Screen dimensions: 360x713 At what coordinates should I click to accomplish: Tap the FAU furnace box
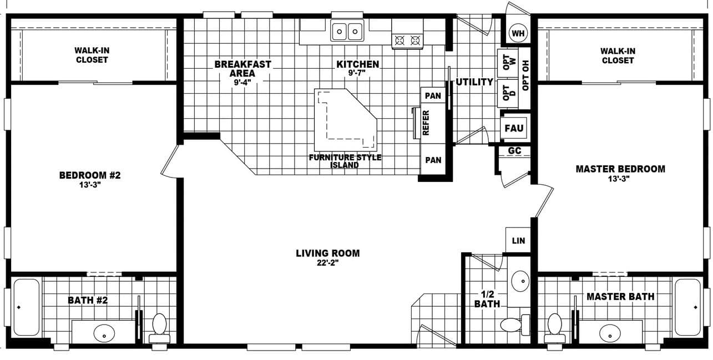[x=514, y=128]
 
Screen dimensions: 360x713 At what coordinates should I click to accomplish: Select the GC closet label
[x=514, y=151]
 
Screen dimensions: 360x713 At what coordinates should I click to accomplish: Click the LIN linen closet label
[x=518, y=241]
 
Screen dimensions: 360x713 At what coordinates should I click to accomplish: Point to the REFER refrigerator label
[x=426, y=123]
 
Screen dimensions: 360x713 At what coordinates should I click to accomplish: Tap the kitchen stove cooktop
[x=407, y=40]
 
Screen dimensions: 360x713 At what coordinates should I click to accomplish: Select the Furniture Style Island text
[x=345, y=161]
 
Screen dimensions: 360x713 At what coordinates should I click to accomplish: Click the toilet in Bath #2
[x=159, y=327]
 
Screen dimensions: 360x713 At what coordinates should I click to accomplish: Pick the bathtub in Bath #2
[x=26, y=307]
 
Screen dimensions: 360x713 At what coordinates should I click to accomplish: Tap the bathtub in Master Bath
[x=687, y=307]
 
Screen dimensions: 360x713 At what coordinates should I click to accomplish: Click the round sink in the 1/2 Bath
[x=520, y=281]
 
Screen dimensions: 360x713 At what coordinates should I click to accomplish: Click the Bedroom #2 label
[x=90, y=175]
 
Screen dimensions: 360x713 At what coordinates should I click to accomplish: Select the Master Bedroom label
[x=620, y=169]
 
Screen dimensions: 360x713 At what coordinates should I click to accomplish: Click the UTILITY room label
[x=474, y=82]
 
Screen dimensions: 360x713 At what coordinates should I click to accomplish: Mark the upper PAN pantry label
[x=433, y=96]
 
